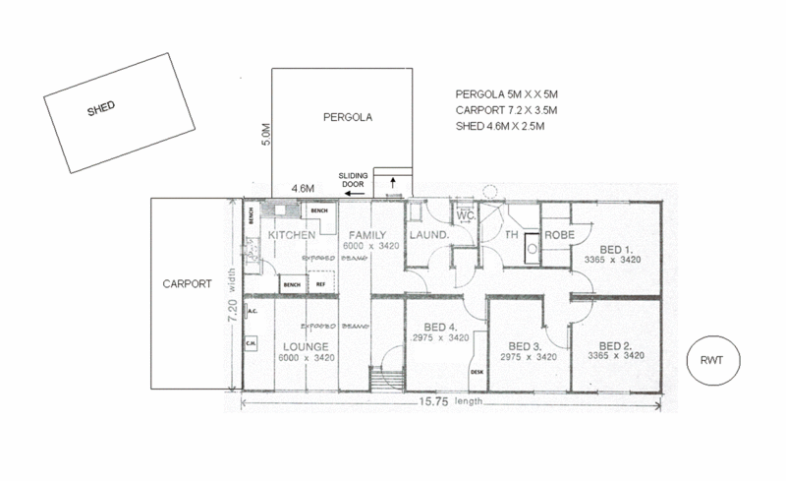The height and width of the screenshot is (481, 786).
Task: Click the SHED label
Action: pyautogui.click(x=102, y=109)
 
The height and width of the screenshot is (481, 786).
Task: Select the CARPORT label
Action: pyautogui.click(x=187, y=284)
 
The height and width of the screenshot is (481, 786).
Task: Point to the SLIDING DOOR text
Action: pyautogui.click(x=354, y=180)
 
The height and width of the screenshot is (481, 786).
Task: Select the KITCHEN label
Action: pyautogui.click(x=292, y=236)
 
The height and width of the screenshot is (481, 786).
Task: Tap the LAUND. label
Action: pyautogui.click(x=428, y=236)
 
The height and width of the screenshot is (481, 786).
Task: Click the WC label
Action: pyautogui.click(x=466, y=215)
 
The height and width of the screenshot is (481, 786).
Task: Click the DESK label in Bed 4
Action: pyautogui.click(x=477, y=372)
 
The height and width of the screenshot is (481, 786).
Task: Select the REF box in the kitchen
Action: pyautogui.click(x=320, y=284)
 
